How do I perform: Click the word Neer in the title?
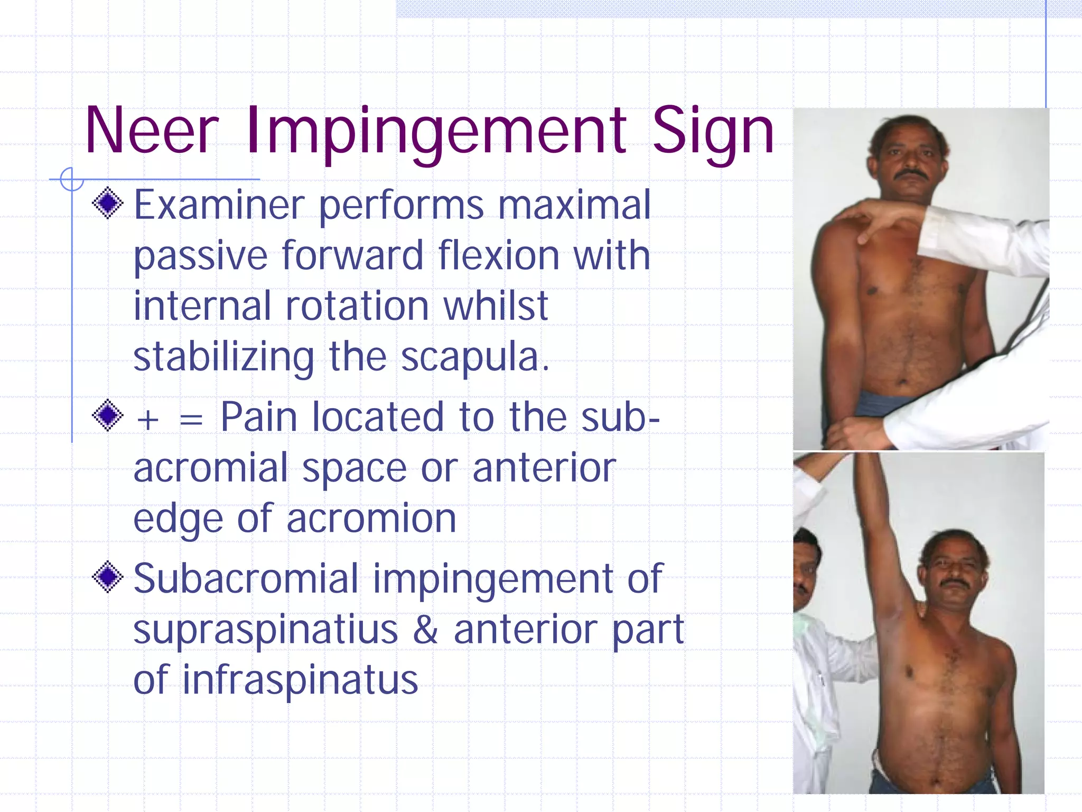tap(151, 131)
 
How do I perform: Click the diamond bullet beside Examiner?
tap(108, 203)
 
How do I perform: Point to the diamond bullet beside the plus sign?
tap(108, 415)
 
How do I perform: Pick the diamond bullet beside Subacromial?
tap(108, 577)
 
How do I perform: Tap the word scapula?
tap(475, 357)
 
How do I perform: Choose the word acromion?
tap(371, 519)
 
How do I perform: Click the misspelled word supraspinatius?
tap(265, 630)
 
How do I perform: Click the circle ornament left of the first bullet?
tap(72, 179)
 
